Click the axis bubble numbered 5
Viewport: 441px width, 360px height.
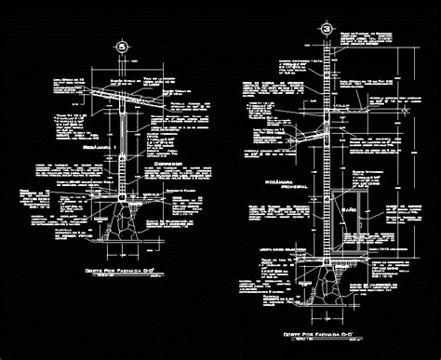click(120, 46)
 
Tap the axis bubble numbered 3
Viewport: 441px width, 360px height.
click(327, 30)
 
